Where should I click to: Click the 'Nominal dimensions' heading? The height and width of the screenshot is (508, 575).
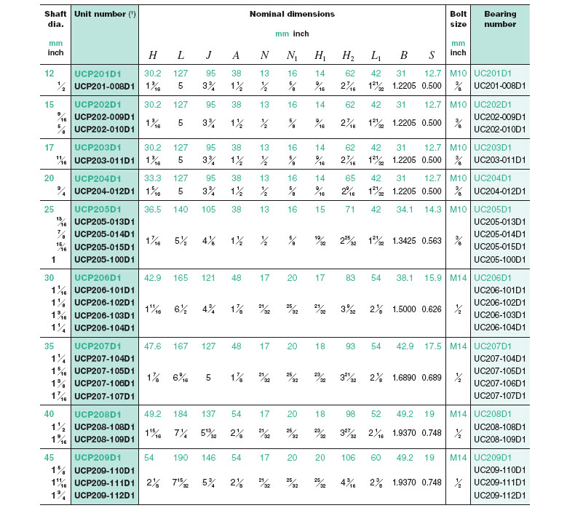291,15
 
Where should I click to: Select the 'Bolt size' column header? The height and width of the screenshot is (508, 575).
458,19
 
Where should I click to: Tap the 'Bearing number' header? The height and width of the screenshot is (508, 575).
500,19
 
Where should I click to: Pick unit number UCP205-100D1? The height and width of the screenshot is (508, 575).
106,259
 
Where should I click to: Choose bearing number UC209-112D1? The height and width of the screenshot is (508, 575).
500,496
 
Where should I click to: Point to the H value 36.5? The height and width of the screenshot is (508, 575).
153,208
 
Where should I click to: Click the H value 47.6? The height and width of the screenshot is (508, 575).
153,346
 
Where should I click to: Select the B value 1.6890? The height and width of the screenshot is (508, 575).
403,377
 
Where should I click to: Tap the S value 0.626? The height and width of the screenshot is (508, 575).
432,309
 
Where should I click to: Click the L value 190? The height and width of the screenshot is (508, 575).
181,458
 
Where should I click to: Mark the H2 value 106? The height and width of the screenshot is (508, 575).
348,458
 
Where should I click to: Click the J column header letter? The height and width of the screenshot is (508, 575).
209,55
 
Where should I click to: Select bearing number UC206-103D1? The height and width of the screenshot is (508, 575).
500,315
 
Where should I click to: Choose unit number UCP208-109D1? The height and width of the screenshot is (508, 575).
106,440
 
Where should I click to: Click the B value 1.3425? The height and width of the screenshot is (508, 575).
403,239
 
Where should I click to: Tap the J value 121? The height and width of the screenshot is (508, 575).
209,277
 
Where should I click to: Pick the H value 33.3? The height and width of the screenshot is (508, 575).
153,178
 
